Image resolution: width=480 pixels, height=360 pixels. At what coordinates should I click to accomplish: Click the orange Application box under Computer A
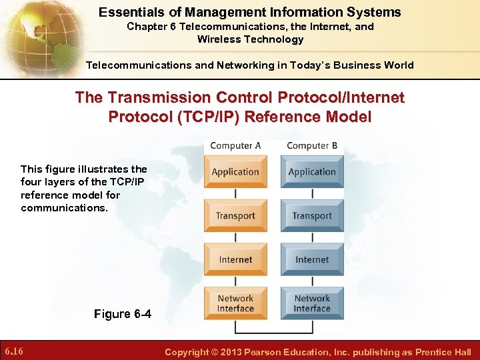point(235,172)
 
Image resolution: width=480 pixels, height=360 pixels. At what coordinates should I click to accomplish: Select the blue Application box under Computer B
point(312,172)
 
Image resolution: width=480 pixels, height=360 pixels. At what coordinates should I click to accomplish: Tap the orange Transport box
point(235,216)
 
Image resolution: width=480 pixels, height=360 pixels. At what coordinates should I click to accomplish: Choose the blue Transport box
point(312,216)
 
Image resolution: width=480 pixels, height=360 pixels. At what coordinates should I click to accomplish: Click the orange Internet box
point(235,260)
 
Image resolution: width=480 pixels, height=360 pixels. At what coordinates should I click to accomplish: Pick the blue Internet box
point(312,260)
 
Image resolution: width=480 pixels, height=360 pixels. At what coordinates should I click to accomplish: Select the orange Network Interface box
point(235,303)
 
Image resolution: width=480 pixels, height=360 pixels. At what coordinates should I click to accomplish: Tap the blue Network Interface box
point(312,303)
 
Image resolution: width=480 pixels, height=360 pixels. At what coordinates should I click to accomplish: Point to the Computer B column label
point(312,146)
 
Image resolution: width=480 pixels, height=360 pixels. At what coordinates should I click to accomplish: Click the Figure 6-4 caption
point(123,314)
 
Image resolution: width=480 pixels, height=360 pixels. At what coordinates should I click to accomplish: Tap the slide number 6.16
point(15,351)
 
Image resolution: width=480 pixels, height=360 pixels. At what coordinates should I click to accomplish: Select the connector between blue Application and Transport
point(312,194)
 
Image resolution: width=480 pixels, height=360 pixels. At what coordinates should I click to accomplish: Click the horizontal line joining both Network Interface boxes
point(273,331)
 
